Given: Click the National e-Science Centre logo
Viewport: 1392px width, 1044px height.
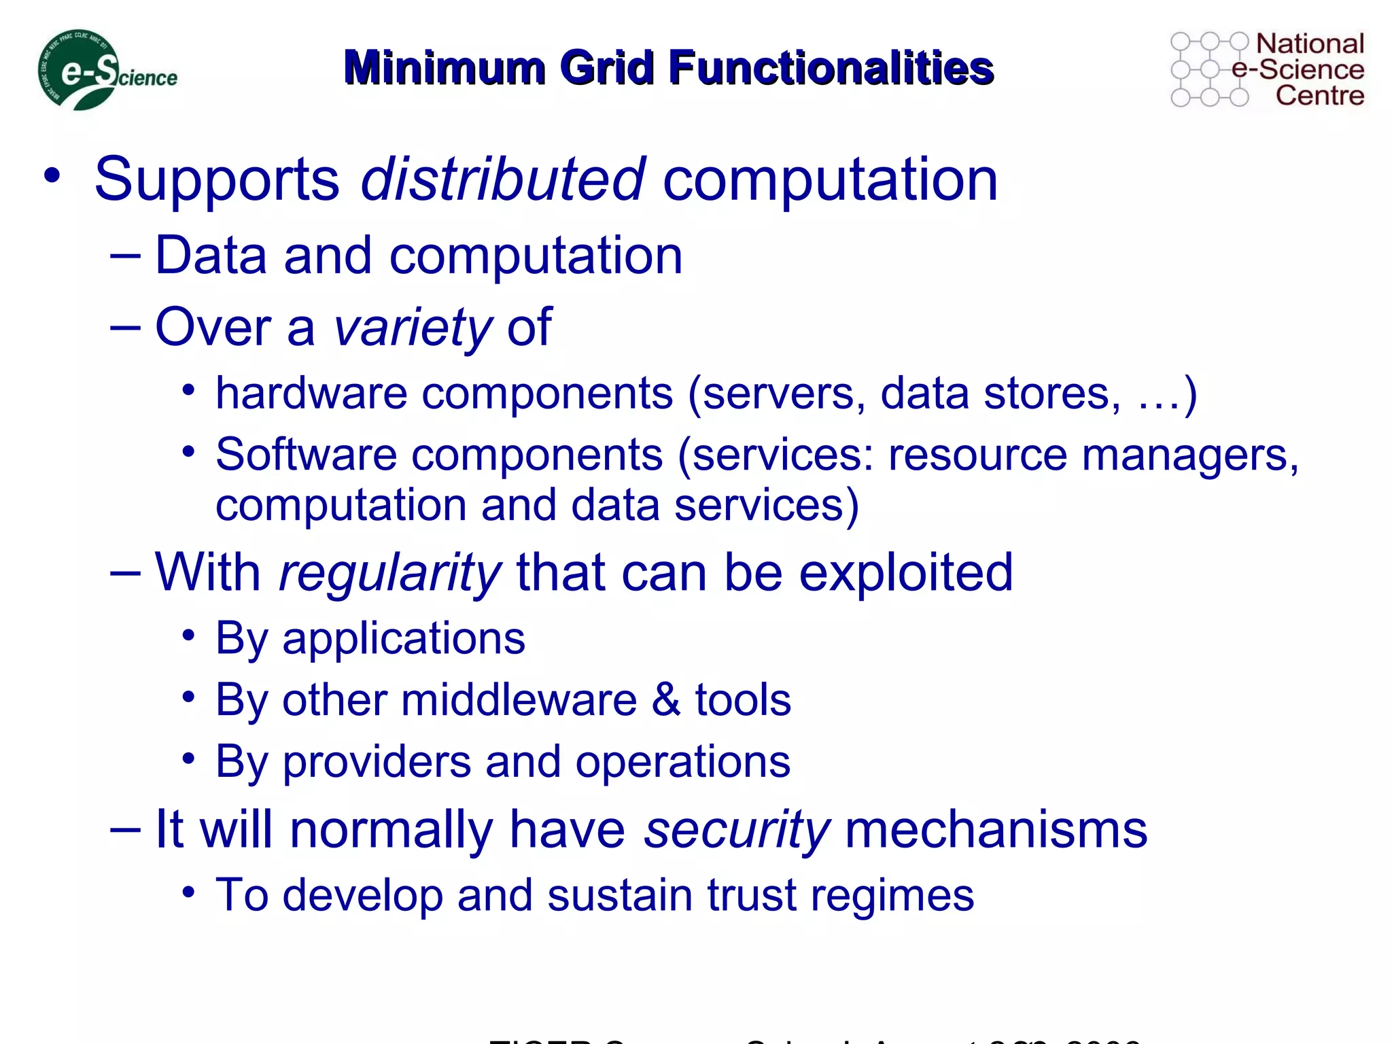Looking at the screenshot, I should pyautogui.click(x=1267, y=69).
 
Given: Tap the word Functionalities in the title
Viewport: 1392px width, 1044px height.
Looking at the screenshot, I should pyautogui.click(x=831, y=68).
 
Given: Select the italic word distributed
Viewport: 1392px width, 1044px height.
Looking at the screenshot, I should pyautogui.click(x=502, y=179).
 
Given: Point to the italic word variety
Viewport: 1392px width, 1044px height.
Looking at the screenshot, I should pyautogui.click(x=412, y=328).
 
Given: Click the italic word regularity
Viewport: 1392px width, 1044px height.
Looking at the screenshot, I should pyautogui.click(x=389, y=573).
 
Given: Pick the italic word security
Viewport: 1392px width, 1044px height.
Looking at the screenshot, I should pyautogui.click(x=736, y=830).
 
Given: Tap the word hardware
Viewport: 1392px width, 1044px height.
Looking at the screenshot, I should pyautogui.click(x=311, y=394).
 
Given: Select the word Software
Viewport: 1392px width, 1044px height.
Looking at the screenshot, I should pyautogui.click(x=306, y=454).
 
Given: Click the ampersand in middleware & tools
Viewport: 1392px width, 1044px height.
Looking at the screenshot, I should pyautogui.click(x=665, y=699).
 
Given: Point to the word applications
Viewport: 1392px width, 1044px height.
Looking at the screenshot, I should pyautogui.click(x=404, y=639).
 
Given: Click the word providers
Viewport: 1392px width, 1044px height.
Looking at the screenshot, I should pyautogui.click(x=377, y=762).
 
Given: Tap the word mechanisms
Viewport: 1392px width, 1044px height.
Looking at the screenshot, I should pyautogui.click(x=996, y=830).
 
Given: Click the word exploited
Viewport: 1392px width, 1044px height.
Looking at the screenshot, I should pyautogui.click(x=905, y=573).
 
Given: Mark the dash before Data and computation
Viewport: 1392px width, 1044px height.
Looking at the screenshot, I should pyautogui.click(x=125, y=256).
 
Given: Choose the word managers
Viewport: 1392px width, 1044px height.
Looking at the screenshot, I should pyautogui.click(x=1189, y=455).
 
